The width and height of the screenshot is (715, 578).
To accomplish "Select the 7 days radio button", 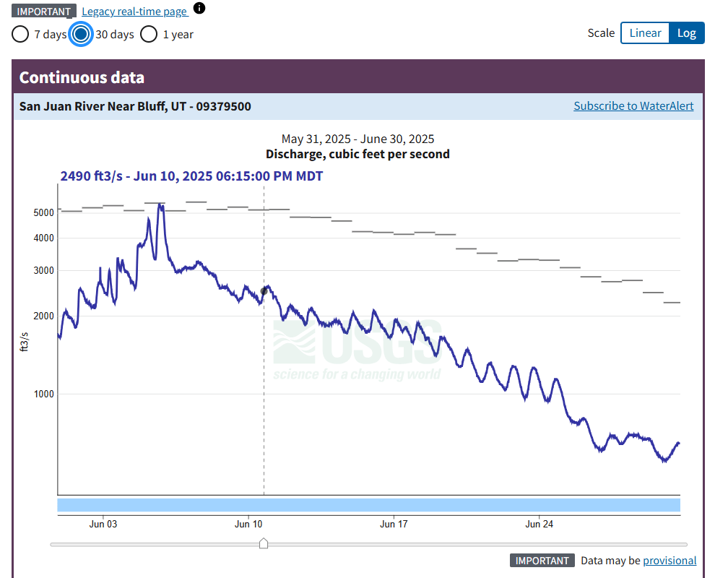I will pyautogui.click(x=21, y=34).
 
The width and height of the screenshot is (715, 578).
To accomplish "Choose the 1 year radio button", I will pyautogui.click(x=149, y=34).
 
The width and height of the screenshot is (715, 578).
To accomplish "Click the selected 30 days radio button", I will pyautogui.click(x=81, y=34).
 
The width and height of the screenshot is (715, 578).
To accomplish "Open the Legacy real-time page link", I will pyautogui.click(x=134, y=12).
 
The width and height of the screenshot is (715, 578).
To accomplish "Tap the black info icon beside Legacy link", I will pyautogui.click(x=199, y=9).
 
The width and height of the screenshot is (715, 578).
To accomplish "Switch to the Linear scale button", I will pyautogui.click(x=645, y=33).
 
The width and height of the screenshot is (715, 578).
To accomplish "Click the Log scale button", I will pyautogui.click(x=686, y=33).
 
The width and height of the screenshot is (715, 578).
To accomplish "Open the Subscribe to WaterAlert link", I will pyautogui.click(x=633, y=106).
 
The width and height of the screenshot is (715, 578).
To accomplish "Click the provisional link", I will pyautogui.click(x=669, y=561).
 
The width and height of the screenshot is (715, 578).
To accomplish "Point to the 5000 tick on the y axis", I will pyautogui.click(x=43, y=212).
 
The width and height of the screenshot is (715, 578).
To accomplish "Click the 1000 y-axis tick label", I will pyautogui.click(x=43, y=394).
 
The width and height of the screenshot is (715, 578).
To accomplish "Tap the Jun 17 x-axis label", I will pyautogui.click(x=394, y=524).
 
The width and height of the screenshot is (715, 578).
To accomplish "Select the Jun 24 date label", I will pyautogui.click(x=539, y=524).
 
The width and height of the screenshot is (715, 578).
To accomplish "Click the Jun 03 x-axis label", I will pyautogui.click(x=103, y=524).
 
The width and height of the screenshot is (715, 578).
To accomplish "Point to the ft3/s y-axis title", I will pyautogui.click(x=25, y=340).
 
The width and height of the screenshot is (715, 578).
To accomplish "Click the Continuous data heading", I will pyautogui.click(x=82, y=77).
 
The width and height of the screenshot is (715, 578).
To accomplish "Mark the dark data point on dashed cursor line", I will pyautogui.click(x=264, y=291).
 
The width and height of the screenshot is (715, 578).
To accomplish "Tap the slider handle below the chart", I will pyautogui.click(x=264, y=543).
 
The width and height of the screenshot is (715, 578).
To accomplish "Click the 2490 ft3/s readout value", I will pyautogui.click(x=91, y=176).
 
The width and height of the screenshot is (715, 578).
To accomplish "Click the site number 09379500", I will pyautogui.click(x=224, y=107).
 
